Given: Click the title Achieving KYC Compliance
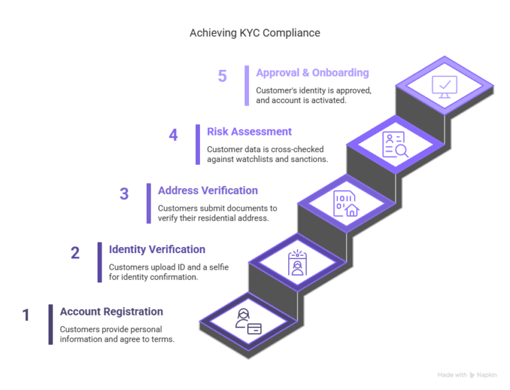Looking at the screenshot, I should [x=255, y=33].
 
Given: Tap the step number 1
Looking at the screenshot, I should [x=26, y=314].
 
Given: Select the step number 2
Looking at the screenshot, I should [x=75, y=253].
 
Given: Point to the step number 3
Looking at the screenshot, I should [x=124, y=194].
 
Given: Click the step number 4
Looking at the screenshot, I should [x=173, y=135].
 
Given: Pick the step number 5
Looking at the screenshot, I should [x=222, y=76].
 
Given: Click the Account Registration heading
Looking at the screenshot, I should [x=111, y=312].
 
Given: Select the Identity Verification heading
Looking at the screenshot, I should [x=157, y=250].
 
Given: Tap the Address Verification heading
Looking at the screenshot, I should [x=207, y=191].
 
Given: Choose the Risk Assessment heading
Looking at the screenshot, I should [x=249, y=132].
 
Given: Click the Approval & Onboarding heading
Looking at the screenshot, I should [x=312, y=73].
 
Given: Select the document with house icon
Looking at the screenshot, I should [x=345, y=203].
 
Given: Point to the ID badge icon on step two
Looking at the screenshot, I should [x=296, y=263].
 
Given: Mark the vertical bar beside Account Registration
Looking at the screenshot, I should [x=50, y=324].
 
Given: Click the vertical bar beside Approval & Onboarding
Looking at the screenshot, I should [x=247, y=85].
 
